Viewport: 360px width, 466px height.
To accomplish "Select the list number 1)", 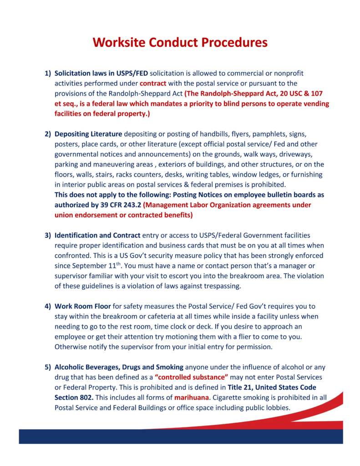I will pos(47,73).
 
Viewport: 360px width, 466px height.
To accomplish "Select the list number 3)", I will pos(47,235).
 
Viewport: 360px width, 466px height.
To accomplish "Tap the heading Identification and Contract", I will pos(97,235).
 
